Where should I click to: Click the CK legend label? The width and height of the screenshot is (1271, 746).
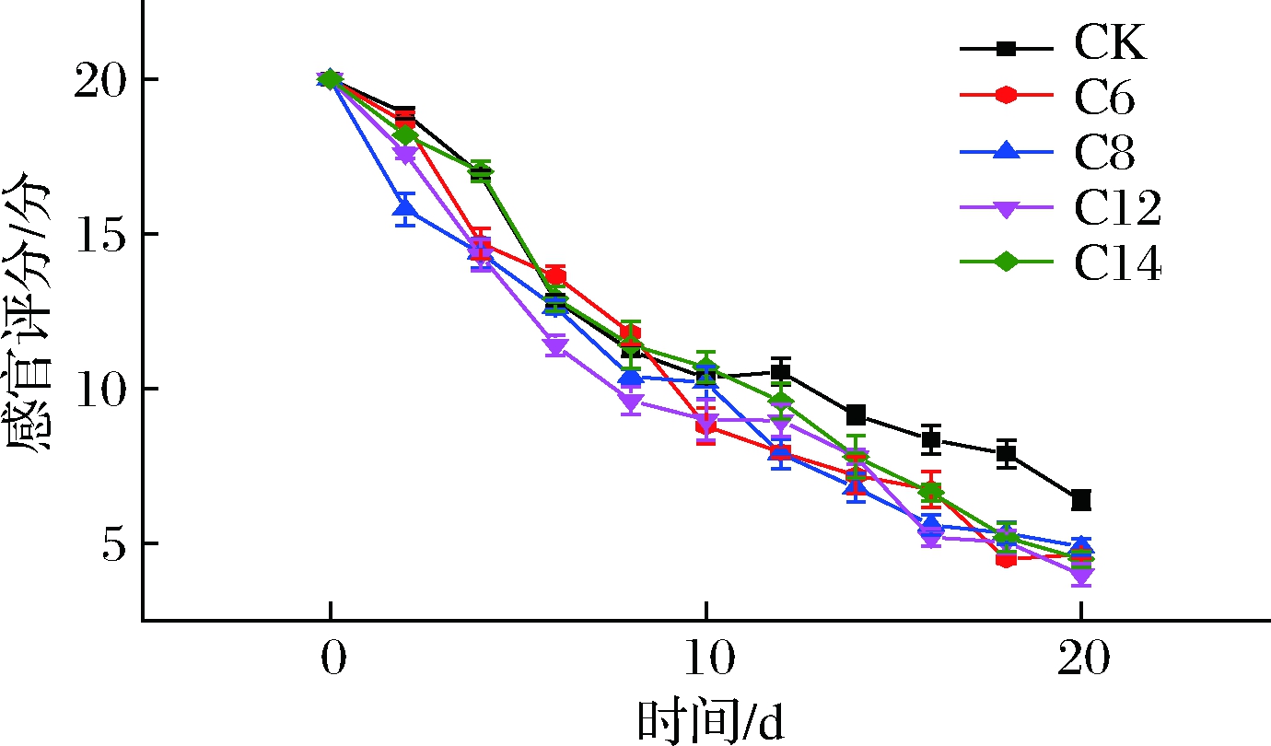pos(1110,42)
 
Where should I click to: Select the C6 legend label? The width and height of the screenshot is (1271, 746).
pos(1104,97)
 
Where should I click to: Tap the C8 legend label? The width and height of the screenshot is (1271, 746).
pos(1104,152)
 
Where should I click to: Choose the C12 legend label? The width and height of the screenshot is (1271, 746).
pos(1117,207)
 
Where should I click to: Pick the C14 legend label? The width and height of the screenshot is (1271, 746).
pos(1117,262)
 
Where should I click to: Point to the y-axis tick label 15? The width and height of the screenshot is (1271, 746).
pos(99,234)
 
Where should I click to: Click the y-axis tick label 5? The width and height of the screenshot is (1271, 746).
pos(113,543)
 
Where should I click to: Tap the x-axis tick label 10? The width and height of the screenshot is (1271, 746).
pos(709,658)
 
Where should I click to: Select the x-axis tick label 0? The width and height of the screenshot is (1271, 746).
pos(333,658)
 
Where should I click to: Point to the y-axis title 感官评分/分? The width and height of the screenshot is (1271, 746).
pos(29,311)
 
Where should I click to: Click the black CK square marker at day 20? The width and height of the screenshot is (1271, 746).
pos(1081,500)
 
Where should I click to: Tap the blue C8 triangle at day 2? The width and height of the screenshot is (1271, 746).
pos(405,207)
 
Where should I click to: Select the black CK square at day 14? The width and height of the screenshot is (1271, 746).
pos(856,415)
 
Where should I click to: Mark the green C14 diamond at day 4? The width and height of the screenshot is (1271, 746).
pos(481,171)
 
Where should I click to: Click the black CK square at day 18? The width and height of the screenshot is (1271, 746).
pos(1006,453)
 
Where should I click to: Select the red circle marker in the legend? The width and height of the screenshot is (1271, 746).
pos(1006,95)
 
